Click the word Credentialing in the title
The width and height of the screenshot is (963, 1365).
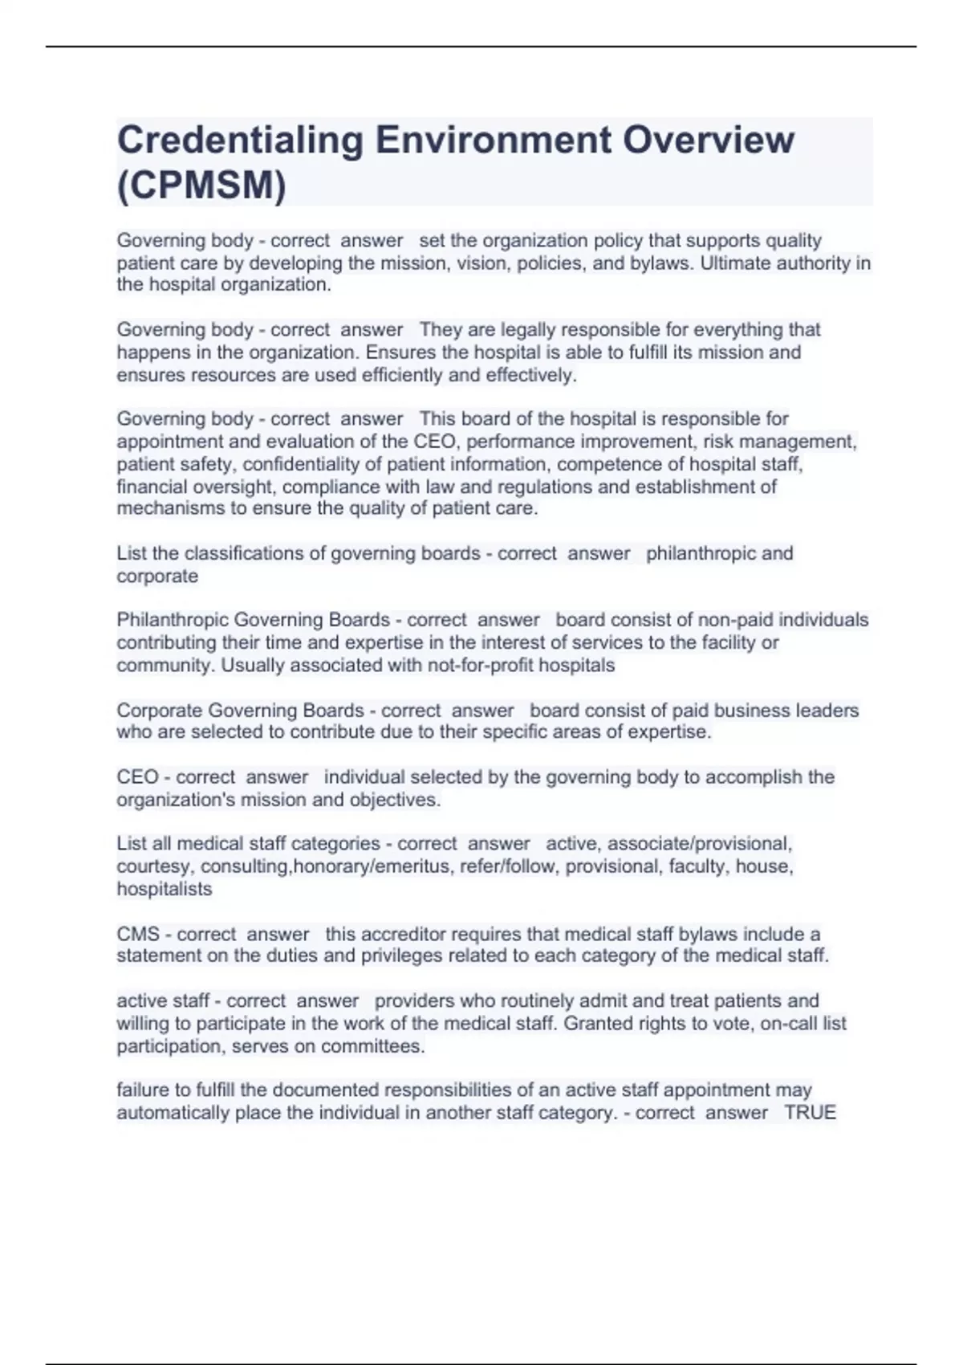(240, 141)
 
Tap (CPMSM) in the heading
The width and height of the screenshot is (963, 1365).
(201, 185)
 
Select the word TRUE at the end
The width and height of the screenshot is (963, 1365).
(810, 1112)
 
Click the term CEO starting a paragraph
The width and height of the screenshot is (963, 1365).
(137, 777)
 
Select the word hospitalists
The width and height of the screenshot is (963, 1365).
(165, 889)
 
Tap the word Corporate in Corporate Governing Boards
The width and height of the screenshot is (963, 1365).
(159, 711)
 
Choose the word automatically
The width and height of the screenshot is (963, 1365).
(173, 1112)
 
